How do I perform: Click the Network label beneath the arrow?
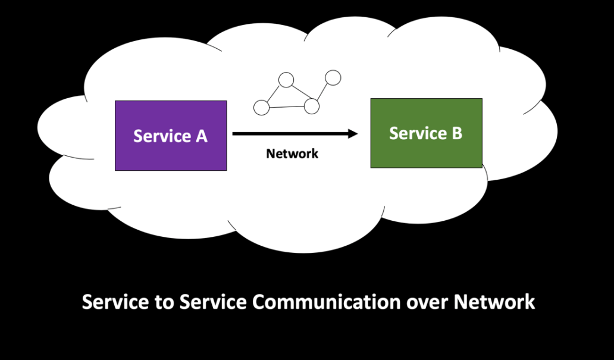tap(292, 154)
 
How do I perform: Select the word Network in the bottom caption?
tap(494, 302)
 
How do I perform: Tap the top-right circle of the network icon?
tap(333, 77)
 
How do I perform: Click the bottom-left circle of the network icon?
tap(261, 108)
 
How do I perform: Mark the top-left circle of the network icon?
tap(286, 80)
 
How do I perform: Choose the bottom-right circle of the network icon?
tap(312, 107)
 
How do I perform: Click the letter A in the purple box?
tap(201, 136)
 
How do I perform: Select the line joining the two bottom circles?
tap(286, 107)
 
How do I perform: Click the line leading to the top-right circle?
tap(322, 92)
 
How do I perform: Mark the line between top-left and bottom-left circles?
tap(273, 94)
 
